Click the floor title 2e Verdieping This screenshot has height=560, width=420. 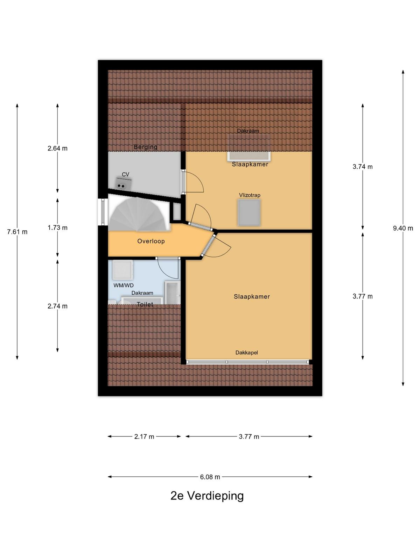click(207, 496)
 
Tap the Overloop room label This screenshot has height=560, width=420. click(151, 241)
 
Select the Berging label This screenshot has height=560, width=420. click(145, 147)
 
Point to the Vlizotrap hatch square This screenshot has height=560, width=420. click(249, 212)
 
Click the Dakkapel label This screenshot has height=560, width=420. click(247, 352)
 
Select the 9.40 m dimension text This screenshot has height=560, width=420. click(403, 228)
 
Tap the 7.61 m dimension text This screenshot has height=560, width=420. click(17, 232)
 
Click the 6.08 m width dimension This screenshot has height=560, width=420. click(210, 477)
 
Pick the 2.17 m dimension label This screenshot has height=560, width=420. click(144, 436)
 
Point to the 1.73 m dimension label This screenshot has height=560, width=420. click(58, 227)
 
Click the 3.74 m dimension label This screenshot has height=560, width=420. click(363, 167)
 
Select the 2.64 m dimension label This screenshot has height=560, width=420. click(58, 148)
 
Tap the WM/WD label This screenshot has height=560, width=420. click(124, 286)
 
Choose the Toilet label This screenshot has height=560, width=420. click(145, 304)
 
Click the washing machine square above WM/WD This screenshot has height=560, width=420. click(123, 269)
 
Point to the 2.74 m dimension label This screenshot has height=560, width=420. click(58, 306)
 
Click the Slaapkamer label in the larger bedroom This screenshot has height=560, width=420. click(252, 296)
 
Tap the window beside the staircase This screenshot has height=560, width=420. click(103, 212)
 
